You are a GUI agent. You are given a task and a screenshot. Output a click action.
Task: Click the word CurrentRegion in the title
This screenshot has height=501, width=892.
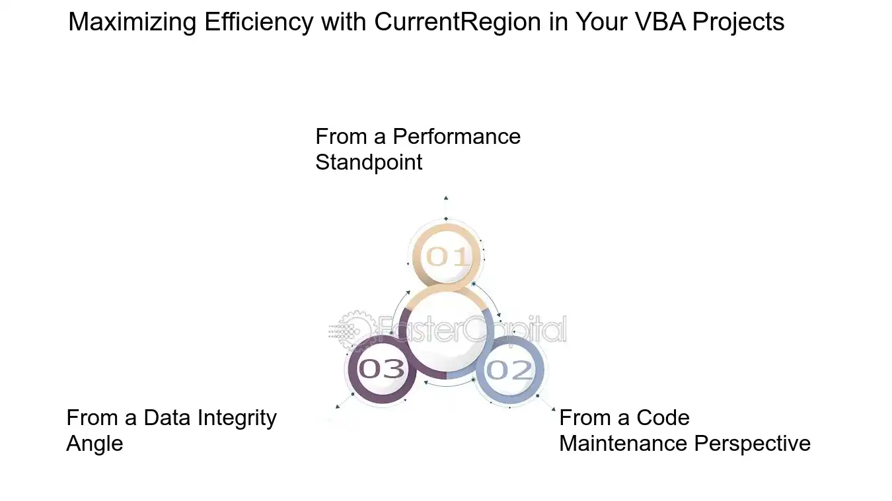pyautogui.click(x=457, y=22)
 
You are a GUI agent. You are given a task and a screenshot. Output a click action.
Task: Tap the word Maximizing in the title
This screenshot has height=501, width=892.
pyautogui.click(x=132, y=22)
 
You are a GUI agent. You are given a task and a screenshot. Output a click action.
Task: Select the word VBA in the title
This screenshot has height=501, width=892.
pyautogui.click(x=660, y=22)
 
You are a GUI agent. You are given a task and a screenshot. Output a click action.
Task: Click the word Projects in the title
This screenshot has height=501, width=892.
pyautogui.click(x=738, y=22)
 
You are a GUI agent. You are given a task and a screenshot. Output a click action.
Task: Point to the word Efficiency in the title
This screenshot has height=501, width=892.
pyautogui.click(x=259, y=22)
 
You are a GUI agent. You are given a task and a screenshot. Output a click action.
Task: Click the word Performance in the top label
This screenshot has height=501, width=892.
pyautogui.click(x=457, y=137)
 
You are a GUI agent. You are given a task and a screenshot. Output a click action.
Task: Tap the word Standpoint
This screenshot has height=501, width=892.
pyautogui.click(x=369, y=163)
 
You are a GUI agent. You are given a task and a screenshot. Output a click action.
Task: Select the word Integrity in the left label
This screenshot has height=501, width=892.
pyautogui.click(x=237, y=418)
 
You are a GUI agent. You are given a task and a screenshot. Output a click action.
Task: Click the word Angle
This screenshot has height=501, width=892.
pyautogui.click(x=94, y=444)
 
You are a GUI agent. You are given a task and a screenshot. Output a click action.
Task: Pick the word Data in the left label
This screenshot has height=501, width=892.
pyautogui.click(x=167, y=418)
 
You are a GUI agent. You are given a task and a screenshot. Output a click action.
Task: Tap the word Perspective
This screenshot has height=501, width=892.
pyautogui.click(x=752, y=444)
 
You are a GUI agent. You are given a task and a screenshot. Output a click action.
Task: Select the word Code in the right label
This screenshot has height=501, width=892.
pyautogui.click(x=663, y=418)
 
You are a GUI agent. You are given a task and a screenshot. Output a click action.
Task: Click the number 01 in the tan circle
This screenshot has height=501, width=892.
pyautogui.click(x=447, y=256)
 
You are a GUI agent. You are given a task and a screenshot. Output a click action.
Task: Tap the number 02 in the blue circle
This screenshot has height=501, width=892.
pyautogui.click(x=509, y=370)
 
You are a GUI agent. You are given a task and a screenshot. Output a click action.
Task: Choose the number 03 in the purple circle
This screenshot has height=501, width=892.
pyautogui.click(x=381, y=368)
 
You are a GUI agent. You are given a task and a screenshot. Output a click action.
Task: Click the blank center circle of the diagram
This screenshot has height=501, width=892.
pyautogui.click(x=447, y=331)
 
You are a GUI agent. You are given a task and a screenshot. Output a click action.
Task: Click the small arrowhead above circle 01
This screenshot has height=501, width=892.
pyautogui.click(x=446, y=198)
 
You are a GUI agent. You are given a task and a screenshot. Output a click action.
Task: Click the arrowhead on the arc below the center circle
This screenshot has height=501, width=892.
pyautogui.click(x=426, y=383)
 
